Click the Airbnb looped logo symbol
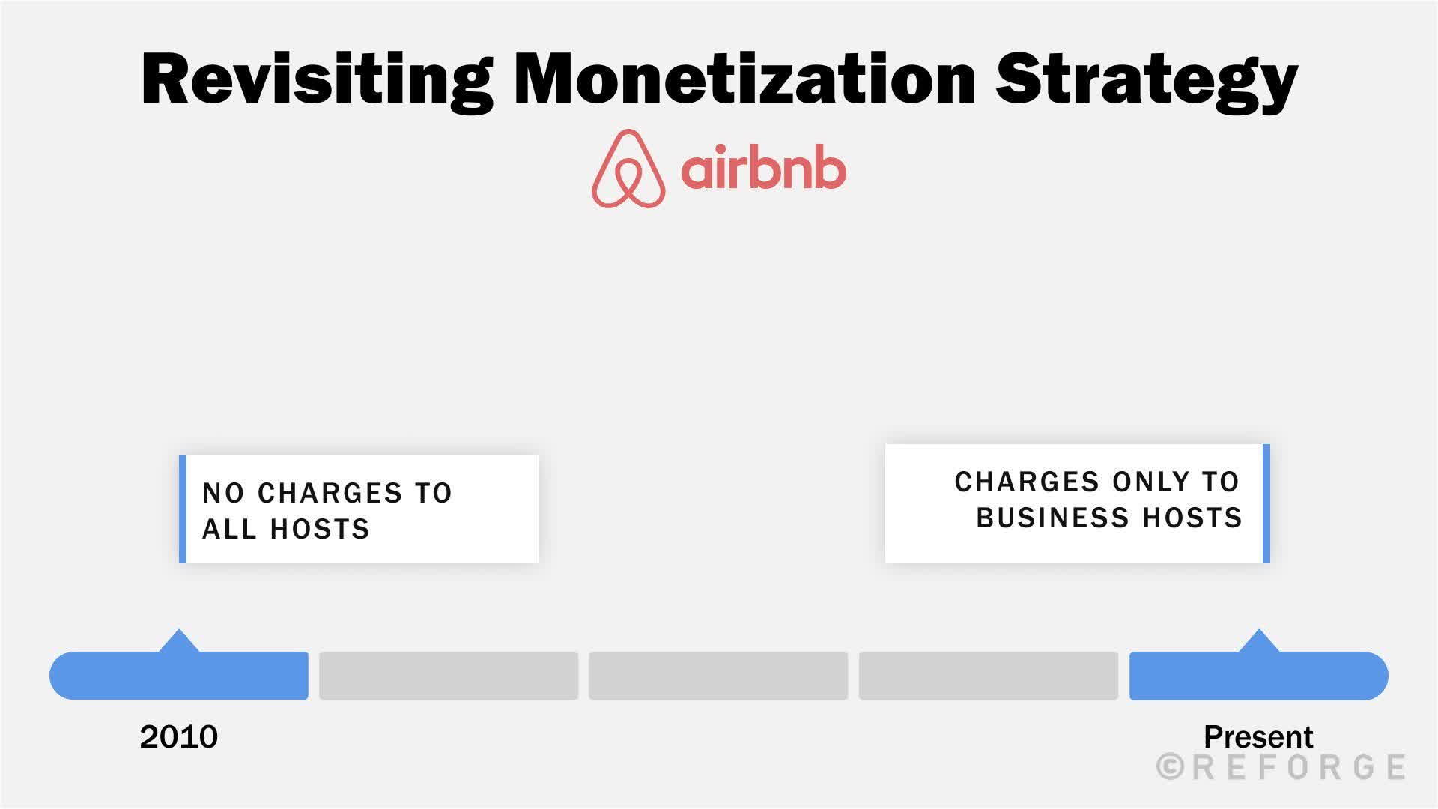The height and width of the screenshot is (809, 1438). (x=628, y=169)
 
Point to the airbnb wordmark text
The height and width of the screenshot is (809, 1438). (x=763, y=169)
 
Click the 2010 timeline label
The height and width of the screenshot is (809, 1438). (x=178, y=737)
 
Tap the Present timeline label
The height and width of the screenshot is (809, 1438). (x=1258, y=737)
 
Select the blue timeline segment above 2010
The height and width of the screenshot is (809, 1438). (x=179, y=676)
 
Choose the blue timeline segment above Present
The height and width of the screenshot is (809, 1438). (x=1258, y=676)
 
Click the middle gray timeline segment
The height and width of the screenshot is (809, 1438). (x=718, y=676)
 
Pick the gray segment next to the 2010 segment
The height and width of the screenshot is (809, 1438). (x=449, y=676)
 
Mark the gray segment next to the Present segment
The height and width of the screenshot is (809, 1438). (x=988, y=676)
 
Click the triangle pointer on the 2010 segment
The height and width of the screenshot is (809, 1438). (x=179, y=642)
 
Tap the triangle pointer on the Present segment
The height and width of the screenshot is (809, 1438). (x=1259, y=642)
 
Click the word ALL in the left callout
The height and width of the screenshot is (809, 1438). (x=229, y=530)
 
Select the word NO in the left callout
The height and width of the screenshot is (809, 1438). (x=223, y=494)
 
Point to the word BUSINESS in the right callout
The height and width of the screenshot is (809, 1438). (x=1052, y=518)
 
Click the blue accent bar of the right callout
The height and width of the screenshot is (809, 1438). (x=1266, y=503)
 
